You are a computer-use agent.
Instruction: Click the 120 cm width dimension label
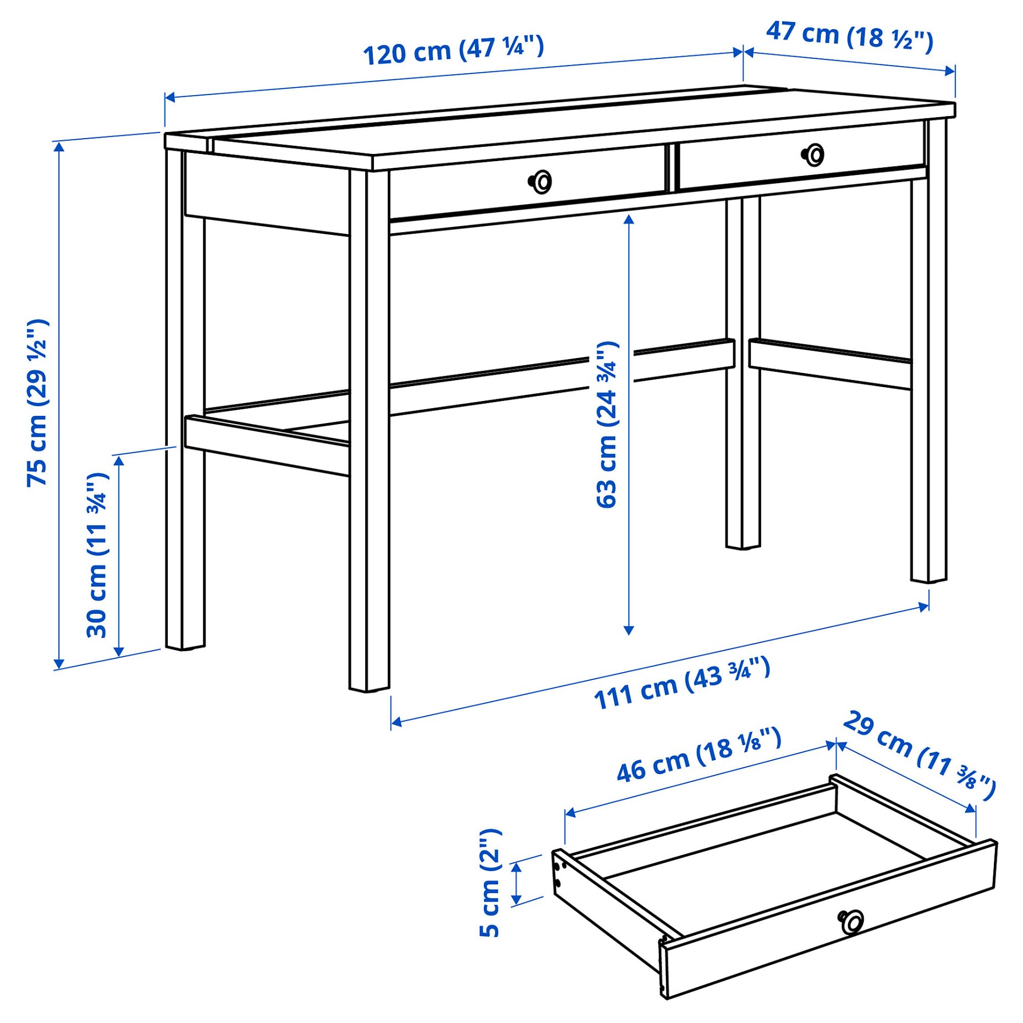point(453,50)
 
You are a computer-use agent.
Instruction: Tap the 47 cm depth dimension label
point(849,36)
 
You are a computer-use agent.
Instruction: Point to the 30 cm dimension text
point(97,555)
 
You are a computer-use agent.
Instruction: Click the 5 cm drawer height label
point(490,882)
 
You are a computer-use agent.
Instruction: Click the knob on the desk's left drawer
point(541,182)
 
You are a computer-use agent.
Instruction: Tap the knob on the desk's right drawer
point(813,155)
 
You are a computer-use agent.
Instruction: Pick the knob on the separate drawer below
point(851,921)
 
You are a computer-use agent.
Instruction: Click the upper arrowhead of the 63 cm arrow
point(629,219)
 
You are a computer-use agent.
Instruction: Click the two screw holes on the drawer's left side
point(560,875)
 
